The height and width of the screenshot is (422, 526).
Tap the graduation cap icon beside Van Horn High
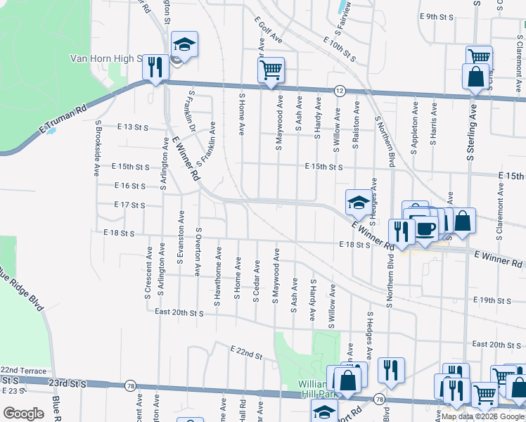184,45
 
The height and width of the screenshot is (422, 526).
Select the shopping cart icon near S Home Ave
271,70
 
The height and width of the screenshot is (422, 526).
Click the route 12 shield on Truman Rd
340,90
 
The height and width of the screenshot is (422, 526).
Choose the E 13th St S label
133,127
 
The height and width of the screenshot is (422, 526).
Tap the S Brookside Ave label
97,148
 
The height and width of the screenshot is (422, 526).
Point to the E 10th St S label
340,48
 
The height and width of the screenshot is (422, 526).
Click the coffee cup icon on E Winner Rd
426,228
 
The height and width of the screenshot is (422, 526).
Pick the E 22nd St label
246,352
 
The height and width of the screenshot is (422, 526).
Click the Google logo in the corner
23,414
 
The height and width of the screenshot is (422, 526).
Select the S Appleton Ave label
416,123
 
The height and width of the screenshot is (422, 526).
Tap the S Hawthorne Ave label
218,279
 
